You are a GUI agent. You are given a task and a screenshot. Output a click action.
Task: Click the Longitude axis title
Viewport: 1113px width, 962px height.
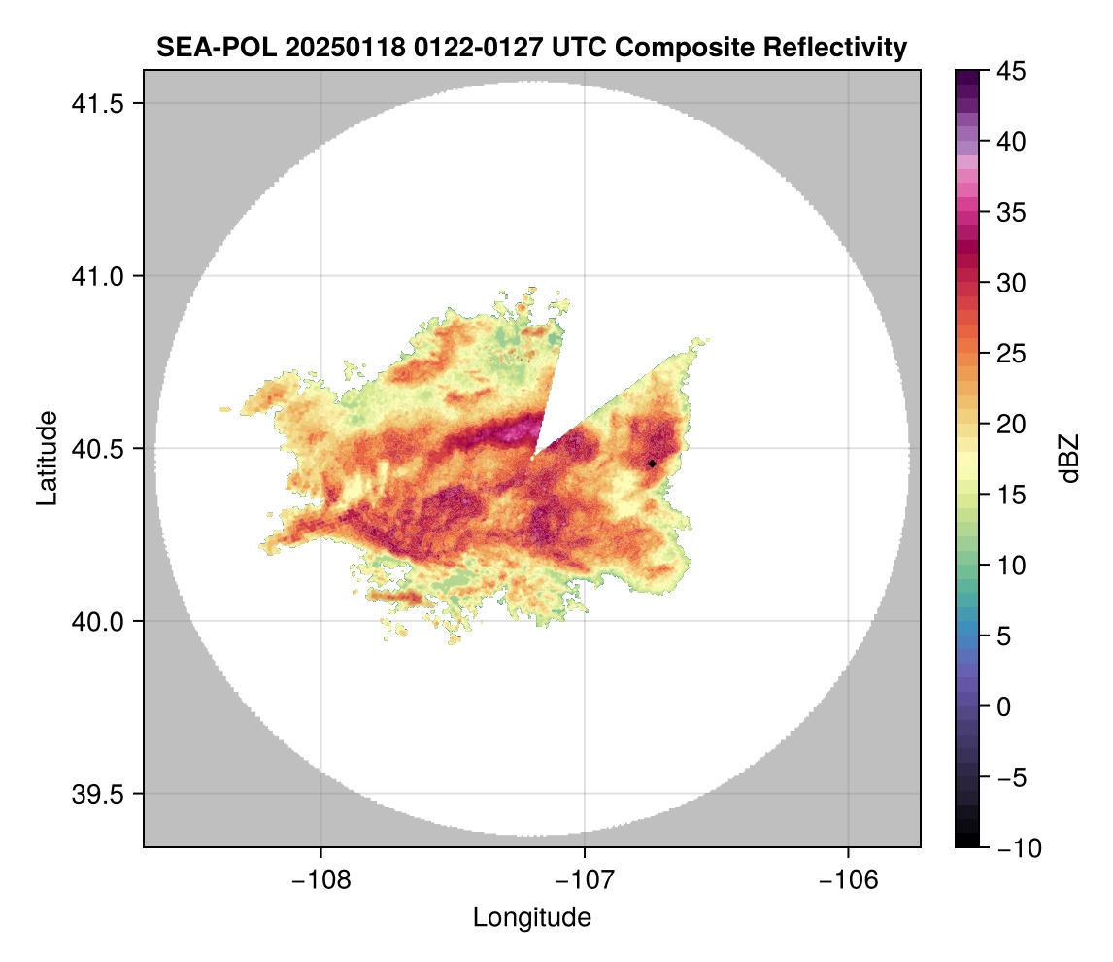(x=531, y=916)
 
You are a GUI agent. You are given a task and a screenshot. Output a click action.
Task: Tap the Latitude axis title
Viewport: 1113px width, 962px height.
(x=47, y=458)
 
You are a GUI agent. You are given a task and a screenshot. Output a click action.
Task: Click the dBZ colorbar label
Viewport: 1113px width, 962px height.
(x=1069, y=459)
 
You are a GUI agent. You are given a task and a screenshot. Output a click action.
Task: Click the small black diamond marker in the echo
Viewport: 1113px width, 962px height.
(x=652, y=464)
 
